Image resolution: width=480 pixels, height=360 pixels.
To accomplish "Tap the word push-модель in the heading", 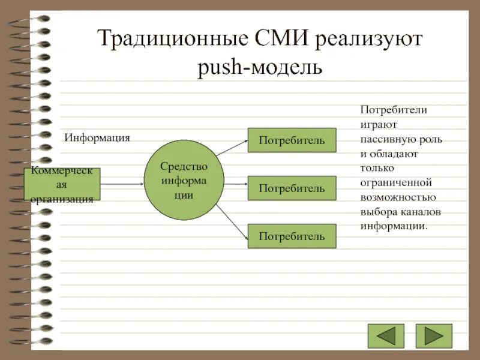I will tap(260, 67).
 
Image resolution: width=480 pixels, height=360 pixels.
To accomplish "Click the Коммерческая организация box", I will tap(62, 184).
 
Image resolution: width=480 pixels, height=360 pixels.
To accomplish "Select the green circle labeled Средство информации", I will tap(184, 181).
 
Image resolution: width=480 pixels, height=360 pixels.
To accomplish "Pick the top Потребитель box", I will tap(292, 140).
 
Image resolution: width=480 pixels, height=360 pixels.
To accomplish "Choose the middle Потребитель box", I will tap(292, 188).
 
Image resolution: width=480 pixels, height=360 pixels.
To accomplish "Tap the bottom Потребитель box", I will tap(292, 236).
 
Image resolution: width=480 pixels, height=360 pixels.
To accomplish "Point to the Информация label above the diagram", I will tap(97, 138).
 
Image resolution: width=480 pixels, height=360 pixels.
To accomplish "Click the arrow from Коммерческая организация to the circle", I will tap(122, 184).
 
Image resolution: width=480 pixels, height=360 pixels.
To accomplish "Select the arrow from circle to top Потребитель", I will tap(233, 148).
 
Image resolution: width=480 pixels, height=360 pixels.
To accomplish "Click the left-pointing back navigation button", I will tap(386, 336).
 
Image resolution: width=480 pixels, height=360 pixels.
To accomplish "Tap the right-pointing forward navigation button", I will tap(434, 336).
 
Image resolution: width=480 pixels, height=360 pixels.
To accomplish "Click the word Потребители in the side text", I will tap(393, 110).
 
